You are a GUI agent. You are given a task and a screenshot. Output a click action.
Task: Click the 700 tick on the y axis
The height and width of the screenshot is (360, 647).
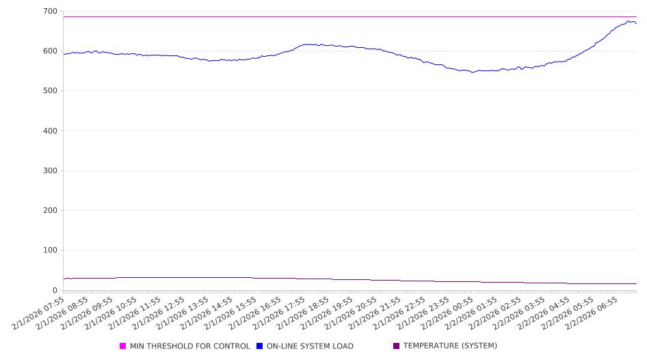[x=50, y=12]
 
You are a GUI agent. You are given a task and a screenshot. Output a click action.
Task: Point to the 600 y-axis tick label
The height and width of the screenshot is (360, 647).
[x=50, y=51]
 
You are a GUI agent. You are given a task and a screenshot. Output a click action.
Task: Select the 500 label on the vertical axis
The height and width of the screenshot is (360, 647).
[x=50, y=91]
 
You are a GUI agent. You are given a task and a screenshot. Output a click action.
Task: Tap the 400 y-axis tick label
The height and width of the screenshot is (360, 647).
[x=50, y=131]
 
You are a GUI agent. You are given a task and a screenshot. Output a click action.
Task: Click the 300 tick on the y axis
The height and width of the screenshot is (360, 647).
[x=50, y=171]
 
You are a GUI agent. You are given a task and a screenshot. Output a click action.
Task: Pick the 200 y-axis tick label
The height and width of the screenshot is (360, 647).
[x=50, y=211]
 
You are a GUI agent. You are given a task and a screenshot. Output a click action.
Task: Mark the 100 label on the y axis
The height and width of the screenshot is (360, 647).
[x=50, y=250]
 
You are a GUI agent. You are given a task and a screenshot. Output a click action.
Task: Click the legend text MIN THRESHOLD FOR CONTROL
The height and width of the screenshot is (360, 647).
[x=189, y=346]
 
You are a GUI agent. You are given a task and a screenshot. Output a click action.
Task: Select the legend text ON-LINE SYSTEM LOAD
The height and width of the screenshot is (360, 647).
[x=310, y=346]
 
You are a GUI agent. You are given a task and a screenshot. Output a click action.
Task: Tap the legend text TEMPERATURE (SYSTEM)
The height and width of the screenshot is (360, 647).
[x=449, y=346]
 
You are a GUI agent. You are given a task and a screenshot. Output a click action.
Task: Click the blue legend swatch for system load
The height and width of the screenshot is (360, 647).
[x=260, y=346]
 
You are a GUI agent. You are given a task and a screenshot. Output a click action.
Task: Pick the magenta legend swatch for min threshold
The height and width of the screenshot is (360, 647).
[x=123, y=346]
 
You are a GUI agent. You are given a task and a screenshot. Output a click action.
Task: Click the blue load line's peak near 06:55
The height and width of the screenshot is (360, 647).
[x=629, y=21]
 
